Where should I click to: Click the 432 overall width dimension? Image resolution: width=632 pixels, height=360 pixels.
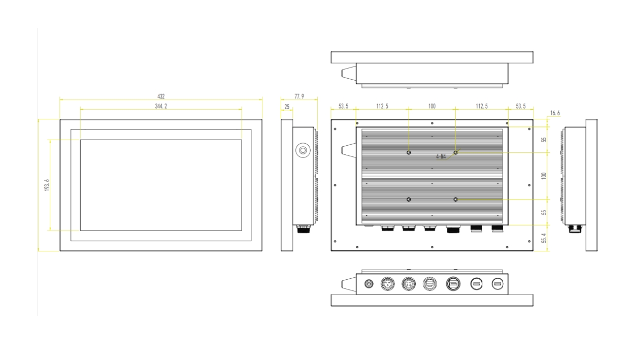161,96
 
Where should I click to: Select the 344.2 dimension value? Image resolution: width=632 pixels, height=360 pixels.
161,106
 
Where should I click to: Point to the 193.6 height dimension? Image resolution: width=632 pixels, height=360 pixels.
47,185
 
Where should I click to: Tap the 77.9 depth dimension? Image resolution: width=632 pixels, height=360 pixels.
299,96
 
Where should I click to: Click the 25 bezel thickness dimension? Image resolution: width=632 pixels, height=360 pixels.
287,107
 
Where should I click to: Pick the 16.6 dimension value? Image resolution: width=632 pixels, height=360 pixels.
555,113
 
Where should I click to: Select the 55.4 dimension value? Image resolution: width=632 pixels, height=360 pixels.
544,238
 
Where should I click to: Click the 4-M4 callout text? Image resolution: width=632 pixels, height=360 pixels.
441,156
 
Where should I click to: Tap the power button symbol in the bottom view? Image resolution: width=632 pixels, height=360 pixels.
369,283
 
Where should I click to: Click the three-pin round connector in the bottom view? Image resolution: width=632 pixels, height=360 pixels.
388,283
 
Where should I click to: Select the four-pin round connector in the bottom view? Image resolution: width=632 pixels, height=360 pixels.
409,283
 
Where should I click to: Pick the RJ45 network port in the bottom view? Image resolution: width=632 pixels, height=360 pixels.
429,283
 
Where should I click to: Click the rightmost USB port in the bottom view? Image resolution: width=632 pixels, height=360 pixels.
497,283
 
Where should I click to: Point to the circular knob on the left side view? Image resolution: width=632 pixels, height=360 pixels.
303,150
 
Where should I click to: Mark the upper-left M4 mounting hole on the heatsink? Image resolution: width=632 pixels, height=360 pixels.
409,153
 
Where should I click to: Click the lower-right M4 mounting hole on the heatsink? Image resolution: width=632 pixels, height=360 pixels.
455,200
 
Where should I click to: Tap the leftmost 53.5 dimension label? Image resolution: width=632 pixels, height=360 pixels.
343,106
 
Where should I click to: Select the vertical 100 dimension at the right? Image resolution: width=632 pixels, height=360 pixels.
544,176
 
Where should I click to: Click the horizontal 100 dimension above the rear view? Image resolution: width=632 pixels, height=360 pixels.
432,106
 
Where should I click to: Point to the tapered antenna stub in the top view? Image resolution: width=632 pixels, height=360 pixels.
349,73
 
